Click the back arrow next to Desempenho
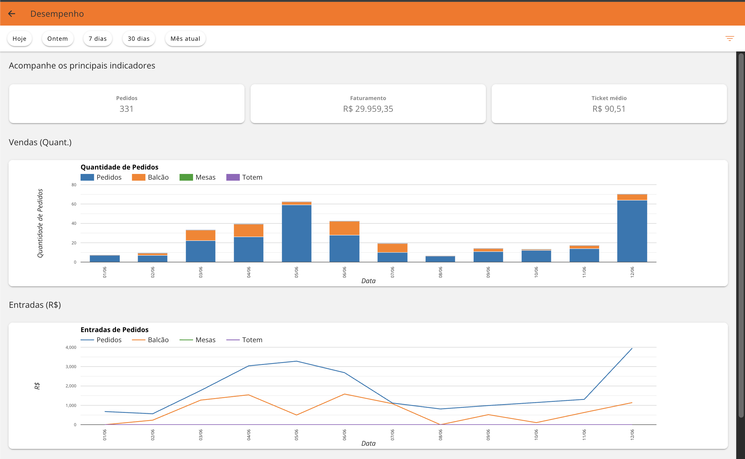pos(12,14)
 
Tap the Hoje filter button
pos(20,39)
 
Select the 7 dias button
pos(98,39)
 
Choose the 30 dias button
pos(139,39)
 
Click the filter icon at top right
pos(730,39)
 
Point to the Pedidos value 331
pos(126,109)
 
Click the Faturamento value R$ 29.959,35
pos(368,109)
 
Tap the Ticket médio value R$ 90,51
pos(609,109)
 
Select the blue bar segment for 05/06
pos(296,233)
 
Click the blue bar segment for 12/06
pos(632,231)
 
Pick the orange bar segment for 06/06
pos(344,228)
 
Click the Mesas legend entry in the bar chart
pos(197,177)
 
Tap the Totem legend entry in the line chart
pos(245,340)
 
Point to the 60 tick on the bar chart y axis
pos(74,204)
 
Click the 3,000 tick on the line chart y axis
pos(71,367)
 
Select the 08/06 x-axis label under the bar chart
pos(440,272)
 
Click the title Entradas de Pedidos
pos(114,330)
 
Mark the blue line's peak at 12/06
pos(632,348)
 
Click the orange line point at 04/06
pos(249,395)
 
